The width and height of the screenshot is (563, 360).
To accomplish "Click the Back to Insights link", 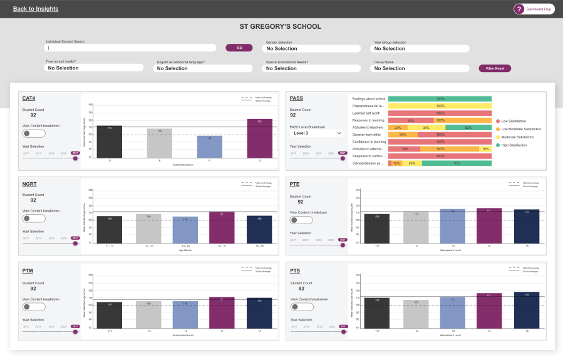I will click(36, 9).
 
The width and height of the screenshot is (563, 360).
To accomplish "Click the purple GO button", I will click(239, 48).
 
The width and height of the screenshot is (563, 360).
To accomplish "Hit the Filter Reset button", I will click(495, 68).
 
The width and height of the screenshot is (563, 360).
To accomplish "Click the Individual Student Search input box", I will click(132, 48).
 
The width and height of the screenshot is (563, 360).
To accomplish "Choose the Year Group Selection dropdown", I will click(421, 48).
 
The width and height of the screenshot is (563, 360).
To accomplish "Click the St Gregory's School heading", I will click(281, 26).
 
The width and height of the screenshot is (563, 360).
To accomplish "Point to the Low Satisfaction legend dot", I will click(497, 120).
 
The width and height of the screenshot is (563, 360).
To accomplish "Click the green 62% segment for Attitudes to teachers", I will click(468, 127).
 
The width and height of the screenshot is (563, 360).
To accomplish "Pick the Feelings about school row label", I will click(369, 99).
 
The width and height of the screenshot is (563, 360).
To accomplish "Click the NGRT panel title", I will click(28, 184).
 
